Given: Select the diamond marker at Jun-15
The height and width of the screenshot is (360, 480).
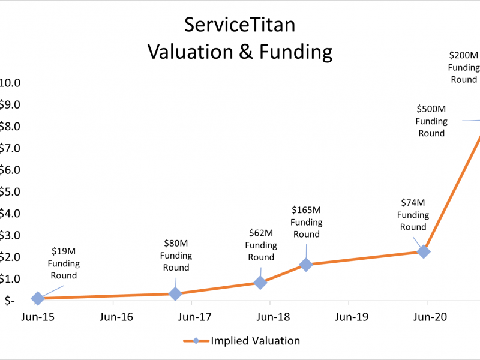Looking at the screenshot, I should [37, 298].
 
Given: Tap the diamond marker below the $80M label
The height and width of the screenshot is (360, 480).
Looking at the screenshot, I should [175, 293].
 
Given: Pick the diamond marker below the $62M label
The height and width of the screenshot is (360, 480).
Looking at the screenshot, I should [260, 282].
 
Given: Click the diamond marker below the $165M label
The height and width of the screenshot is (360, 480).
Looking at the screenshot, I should [306, 264].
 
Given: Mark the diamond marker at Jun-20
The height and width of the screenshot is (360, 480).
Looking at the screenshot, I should [424, 251].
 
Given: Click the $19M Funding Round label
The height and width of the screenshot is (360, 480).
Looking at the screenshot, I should [63, 263].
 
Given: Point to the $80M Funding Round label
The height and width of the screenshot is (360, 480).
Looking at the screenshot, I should [176, 255].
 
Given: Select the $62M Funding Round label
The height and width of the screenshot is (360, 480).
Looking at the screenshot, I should [261, 245].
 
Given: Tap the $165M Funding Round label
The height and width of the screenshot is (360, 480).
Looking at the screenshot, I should [306, 221].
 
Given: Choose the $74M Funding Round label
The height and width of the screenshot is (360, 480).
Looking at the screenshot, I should [413, 214].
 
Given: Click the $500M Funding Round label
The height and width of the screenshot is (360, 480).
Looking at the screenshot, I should [431, 121].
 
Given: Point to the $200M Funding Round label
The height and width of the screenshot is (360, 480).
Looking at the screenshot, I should [464, 67].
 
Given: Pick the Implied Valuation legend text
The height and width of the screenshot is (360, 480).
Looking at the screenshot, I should [255, 341].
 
